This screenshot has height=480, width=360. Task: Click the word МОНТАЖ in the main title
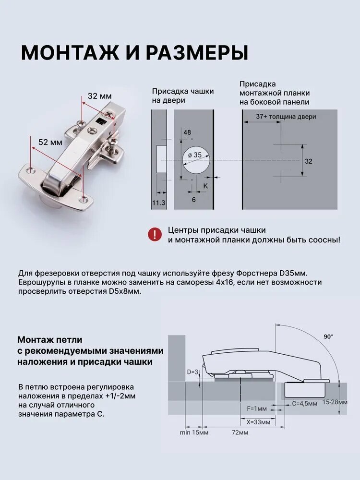(70, 53)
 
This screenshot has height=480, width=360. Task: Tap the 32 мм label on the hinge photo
(100, 96)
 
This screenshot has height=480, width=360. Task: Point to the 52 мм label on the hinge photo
(50, 143)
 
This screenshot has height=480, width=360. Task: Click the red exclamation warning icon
(155, 235)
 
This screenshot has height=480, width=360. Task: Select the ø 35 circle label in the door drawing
(195, 155)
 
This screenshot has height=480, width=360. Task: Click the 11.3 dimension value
(158, 203)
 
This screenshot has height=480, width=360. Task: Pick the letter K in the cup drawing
(205, 186)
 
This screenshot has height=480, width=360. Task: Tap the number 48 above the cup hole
(187, 132)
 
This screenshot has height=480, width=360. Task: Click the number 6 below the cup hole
(193, 200)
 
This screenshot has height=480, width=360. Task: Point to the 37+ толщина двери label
(286, 117)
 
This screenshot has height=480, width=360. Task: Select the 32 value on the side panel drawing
(309, 161)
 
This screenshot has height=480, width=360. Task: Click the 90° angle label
(328, 337)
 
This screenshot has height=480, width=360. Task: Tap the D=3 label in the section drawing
(192, 372)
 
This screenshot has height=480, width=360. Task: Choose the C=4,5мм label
(305, 404)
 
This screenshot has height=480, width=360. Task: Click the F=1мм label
(257, 408)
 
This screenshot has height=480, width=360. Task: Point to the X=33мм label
(258, 422)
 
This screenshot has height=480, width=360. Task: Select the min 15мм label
(194, 432)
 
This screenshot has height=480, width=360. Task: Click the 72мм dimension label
(240, 432)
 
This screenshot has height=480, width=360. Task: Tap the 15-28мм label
(335, 402)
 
